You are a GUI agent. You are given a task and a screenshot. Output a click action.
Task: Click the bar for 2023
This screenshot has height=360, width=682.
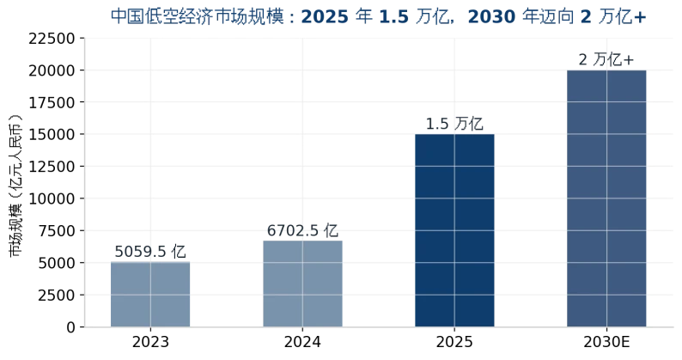coord(150,294)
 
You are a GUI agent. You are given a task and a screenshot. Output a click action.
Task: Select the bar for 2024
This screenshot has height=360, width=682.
coord(302,284)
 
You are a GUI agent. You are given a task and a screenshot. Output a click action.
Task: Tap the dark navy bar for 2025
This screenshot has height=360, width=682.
coord(454,230)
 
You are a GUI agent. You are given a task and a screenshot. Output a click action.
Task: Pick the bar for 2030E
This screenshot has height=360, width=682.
coord(606,198)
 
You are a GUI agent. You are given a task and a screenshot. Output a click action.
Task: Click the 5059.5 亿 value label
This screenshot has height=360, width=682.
coord(150,252)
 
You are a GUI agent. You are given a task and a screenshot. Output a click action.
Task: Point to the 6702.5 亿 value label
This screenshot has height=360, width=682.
coord(302,230)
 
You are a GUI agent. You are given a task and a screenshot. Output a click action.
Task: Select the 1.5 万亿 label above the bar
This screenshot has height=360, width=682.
coord(454,124)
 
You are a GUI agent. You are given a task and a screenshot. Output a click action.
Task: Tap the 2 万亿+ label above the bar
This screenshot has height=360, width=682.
coord(606,59)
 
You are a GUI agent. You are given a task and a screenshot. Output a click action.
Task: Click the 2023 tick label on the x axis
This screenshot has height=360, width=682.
coord(150,342)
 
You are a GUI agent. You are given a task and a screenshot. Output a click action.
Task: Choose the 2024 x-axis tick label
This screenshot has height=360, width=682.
coord(302,342)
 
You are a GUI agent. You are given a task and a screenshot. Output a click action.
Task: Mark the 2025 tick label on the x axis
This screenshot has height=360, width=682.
coord(454,342)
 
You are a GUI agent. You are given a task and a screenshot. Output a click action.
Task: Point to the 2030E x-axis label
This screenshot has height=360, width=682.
coord(606,342)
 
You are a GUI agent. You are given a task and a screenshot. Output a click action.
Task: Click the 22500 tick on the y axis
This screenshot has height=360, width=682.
coord(52,39)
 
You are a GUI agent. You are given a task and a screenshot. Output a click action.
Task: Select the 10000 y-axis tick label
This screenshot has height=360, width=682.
coord(52,199)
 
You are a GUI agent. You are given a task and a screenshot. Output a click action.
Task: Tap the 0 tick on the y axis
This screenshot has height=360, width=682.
coord(71,327)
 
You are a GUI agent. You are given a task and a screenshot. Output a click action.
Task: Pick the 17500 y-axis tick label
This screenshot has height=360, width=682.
coord(52,103)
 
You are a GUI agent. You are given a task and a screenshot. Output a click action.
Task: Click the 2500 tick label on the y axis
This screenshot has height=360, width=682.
coord(57,296)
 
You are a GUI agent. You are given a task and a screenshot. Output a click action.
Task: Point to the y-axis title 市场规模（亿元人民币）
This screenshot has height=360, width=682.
coord(15,186)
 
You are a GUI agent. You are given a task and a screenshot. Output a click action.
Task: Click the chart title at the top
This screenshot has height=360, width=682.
coord(379,16)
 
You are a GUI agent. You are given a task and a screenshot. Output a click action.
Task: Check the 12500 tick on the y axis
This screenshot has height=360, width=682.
coord(52,167)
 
